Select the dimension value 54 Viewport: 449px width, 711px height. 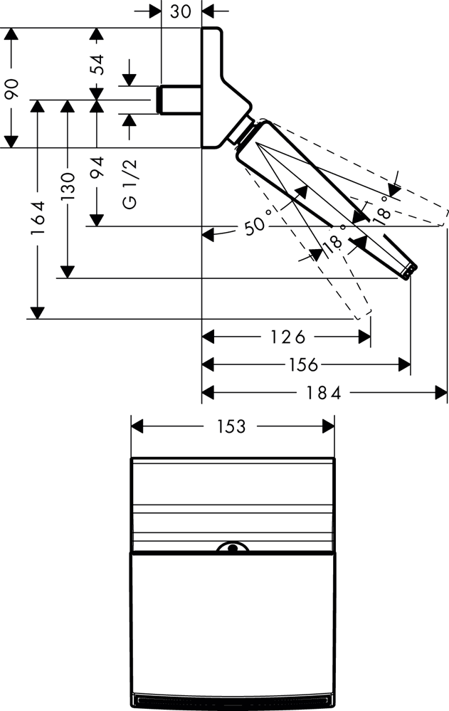(x=97, y=64)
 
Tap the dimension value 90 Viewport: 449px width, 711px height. (x=11, y=88)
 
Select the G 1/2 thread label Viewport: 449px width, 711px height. (x=130, y=184)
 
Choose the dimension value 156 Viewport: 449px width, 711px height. (x=305, y=364)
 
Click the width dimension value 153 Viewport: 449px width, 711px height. (x=231, y=426)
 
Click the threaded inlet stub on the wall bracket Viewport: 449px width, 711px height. (x=179, y=100)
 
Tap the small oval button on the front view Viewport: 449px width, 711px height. (x=231, y=548)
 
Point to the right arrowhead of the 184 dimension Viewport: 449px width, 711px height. (x=441, y=391)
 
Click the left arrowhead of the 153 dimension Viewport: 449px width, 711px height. (x=137, y=426)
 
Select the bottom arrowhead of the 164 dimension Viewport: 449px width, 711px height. (x=38, y=313)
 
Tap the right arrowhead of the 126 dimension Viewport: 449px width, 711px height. (x=364, y=336)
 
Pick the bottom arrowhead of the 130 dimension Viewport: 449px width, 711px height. (x=68, y=272)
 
